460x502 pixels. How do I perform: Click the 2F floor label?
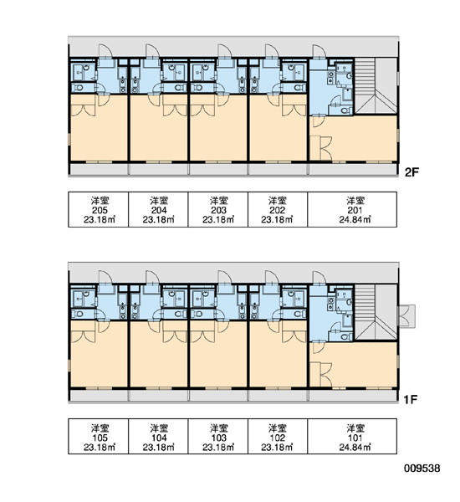pyautogui.click(x=411, y=172)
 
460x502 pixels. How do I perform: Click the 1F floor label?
pyautogui.click(x=411, y=399)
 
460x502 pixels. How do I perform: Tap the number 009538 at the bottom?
pyautogui.click(x=422, y=468)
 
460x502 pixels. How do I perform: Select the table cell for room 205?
pyautogui.click(x=99, y=210)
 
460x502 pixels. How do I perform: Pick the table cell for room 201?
pyautogui.click(x=352, y=210)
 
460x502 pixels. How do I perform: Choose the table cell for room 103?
pyautogui.click(x=218, y=436)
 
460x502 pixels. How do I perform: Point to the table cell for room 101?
pyautogui.click(x=352, y=436)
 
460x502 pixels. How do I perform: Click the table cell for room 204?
pyautogui.click(x=158, y=210)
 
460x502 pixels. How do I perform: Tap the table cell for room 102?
pyautogui.click(x=278, y=436)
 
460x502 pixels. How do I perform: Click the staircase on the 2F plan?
pyautogui.click(x=376, y=86)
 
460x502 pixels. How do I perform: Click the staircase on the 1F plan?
pyautogui.click(x=376, y=312)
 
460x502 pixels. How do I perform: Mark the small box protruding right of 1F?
pyautogui.click(x=406, y=316)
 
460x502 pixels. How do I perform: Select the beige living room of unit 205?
pyautogui.click(x=99, y=128)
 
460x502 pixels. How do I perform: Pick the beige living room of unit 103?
pyautogui.click(x=218, y=355)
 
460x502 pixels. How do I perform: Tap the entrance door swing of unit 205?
pyautogui.click(x=105, y=50)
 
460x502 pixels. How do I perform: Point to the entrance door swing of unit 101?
pyautogui.click(x=319, y=277)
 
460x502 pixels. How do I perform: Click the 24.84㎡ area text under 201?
pyautogui.click(x=355, y=220)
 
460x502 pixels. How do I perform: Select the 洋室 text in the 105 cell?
pyautogui.click(x=100, y=428)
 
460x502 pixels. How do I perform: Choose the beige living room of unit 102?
pyautogui.click(x=279, y=355)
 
